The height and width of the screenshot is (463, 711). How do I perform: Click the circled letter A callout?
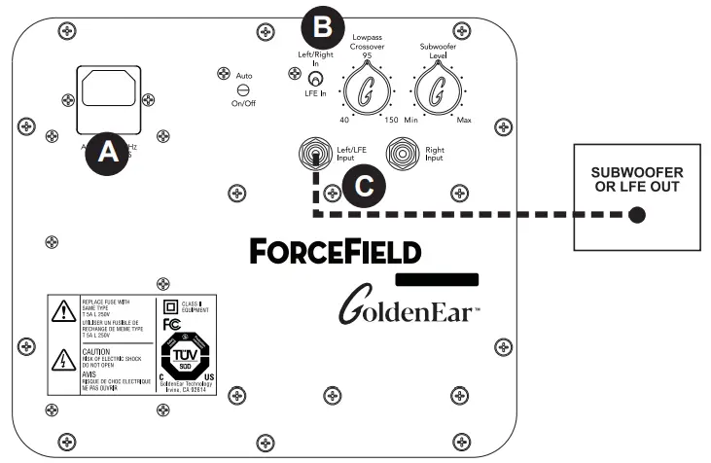coord(107,152)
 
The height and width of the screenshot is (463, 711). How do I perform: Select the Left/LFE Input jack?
coord(314,154)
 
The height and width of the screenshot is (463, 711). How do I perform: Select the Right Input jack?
coord(401,154)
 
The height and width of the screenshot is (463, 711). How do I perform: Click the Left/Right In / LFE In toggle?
coord(314,79)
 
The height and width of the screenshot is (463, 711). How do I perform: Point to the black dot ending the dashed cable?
coord(635,214)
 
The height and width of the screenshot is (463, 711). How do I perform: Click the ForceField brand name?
coord(336,252)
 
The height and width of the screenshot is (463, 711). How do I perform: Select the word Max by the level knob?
coord(464,120)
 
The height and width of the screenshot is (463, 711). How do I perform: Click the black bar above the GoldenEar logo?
coord(438,278)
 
